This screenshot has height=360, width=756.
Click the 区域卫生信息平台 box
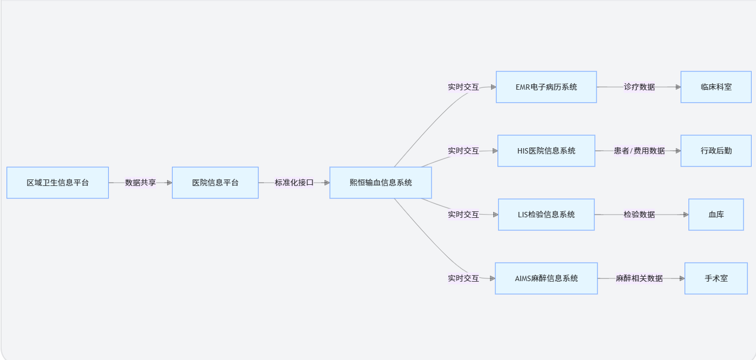pos(57,183)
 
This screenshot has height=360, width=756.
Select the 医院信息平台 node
pos(215,183)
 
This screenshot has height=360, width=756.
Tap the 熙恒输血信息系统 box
pos(381,183)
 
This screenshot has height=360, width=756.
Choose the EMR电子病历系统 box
pos(546,87)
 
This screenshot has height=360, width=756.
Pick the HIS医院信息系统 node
pos(546,151)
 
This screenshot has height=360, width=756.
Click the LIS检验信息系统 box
pos(546,215)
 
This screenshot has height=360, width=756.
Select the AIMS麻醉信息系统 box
pos(546,278)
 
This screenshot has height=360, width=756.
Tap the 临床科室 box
pos(716,87)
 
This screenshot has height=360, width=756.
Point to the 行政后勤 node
pos(716,151)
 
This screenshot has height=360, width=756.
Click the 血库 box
pos(716,215)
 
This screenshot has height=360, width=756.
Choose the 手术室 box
pos(716,278)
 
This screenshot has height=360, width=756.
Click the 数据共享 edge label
pos(141,183)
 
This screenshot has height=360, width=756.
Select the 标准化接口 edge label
pos(294,183)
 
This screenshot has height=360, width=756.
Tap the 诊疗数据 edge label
pos(639,87)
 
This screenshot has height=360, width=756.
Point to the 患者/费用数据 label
pos(639,151)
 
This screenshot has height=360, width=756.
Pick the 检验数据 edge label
pos(639,215)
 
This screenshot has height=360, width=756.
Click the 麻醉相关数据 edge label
pos(639,278)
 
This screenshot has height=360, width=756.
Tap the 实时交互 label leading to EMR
pos(463,87)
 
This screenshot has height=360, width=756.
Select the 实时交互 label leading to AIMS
pos(463,278)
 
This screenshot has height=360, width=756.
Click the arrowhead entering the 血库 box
pos(686,215)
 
